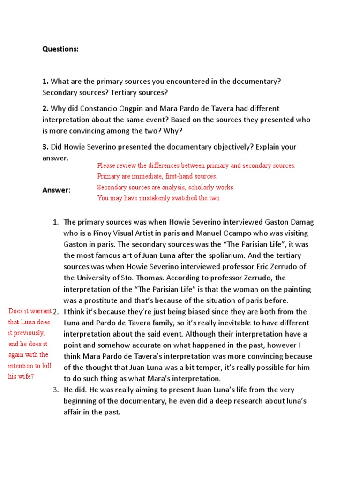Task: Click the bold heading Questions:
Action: click(x=60, y=49)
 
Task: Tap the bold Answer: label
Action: click(x=56, y=190)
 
